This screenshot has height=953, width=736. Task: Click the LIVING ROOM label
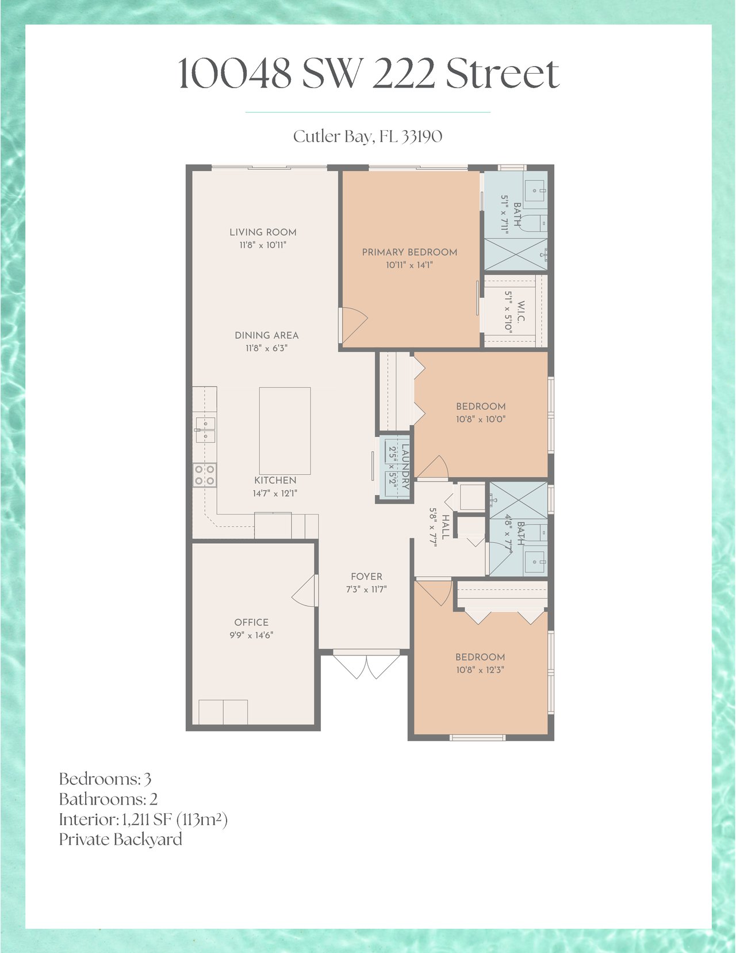263,232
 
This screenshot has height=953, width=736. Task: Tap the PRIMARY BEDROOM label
409,252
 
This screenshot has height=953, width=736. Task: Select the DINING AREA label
267,336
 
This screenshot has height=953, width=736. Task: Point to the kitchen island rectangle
285,430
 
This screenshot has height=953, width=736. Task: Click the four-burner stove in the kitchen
205,475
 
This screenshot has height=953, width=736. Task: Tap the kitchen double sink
205,430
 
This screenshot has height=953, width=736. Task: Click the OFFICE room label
251,622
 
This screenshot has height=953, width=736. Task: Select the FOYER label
367,577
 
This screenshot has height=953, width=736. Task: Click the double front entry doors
367,666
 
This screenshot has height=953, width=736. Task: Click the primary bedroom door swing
353,325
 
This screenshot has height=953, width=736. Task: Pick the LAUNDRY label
405,467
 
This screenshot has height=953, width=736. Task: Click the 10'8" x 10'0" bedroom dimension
481,420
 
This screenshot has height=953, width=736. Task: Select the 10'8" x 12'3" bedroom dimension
481,670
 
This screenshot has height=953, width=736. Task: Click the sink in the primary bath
535,190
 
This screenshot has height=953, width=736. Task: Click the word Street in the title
503,74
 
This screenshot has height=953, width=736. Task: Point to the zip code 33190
422,136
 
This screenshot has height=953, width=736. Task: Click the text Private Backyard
121,840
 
